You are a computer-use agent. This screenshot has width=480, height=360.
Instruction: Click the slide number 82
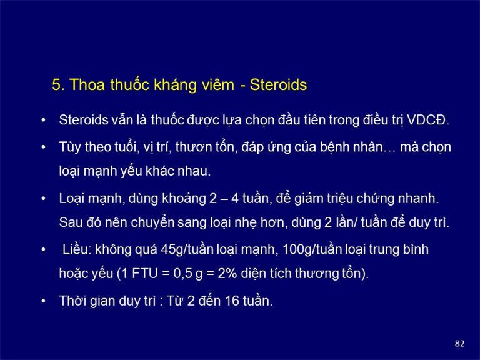coord(459,344)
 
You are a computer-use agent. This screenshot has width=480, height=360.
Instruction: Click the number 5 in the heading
coord(56,85)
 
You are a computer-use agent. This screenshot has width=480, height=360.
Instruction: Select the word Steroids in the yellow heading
coord(278,85)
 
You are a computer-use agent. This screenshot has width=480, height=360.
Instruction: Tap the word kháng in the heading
coord(176,85)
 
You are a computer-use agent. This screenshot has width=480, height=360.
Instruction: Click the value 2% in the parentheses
coord(227,274)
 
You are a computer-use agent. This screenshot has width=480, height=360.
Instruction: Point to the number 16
coord(232,301)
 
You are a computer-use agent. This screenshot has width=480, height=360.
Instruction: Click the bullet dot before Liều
coord(44,250)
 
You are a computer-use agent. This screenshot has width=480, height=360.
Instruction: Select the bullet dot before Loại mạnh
coord(44,199)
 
